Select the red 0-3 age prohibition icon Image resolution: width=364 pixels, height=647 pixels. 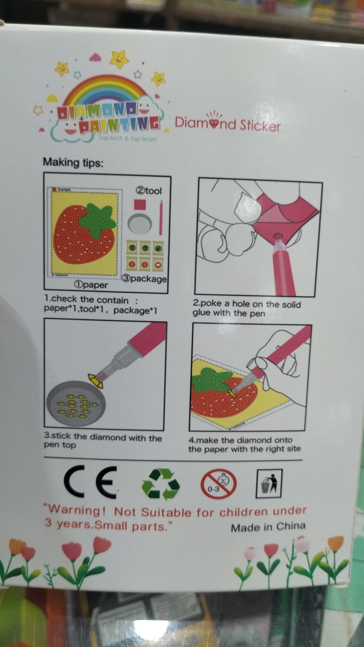coord(218,484)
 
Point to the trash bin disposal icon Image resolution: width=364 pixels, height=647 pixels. coord(269,484)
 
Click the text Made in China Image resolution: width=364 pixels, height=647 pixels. coord(268,527)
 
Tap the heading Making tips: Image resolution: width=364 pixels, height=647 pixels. coord(73,162)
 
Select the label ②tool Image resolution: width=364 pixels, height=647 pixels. coord(149,191)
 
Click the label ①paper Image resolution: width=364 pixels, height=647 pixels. coord(91,285)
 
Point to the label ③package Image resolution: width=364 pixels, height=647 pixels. coord(144,279)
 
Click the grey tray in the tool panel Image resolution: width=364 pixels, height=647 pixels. coord(140,223)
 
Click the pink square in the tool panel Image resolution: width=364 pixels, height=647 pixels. coord(140,204)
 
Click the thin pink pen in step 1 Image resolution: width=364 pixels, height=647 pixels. coord(161,217)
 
